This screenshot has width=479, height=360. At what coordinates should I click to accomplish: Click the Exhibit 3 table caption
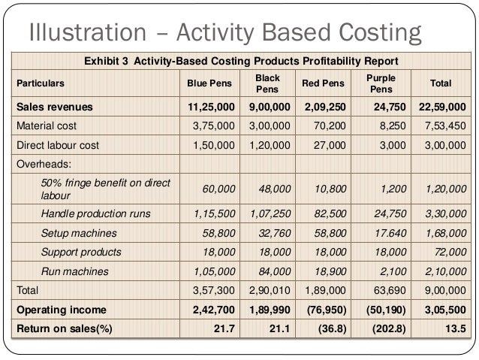pos(240,61)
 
